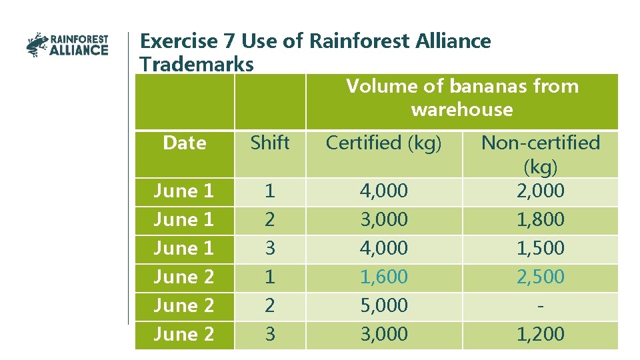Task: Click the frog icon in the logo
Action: [x=37, y=45]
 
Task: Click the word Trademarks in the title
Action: [x=197, y=65]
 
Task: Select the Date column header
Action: [x=184, y=143]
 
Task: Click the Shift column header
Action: [x=269, y=143]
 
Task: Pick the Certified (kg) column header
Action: [x=383, y=143]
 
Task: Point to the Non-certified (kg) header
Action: [x=540, y=153]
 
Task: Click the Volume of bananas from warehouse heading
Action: [x=462, y=97]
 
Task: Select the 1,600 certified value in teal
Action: [x=383, y=277]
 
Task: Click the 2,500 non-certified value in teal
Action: [x=540, y=277]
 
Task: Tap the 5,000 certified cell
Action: [x=383, y=305]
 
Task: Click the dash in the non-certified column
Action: [x=540, y=305]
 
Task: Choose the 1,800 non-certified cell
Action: [x=540, y=219]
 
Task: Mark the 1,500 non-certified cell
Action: [x=540, y=248]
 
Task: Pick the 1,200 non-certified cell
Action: [x=540, y=334]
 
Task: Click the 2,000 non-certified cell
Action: [x=540, y=191]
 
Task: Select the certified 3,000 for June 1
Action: [x=383, y=219]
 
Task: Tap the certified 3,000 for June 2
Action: [x=383, y=334]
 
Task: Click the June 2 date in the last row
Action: [x=184, y=334]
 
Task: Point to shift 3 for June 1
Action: [x=269, y=248]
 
